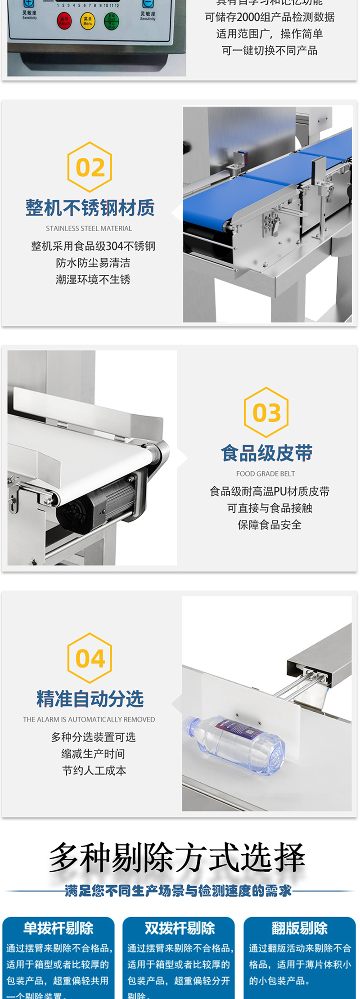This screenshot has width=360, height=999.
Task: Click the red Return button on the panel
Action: coord(64,21)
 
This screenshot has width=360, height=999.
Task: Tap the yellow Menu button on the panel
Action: coord(88,21)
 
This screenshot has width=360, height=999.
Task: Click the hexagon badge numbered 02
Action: coord(90,167)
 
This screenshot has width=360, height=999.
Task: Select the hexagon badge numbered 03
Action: coord(266,412)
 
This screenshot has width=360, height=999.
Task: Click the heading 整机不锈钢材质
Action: coord(90,208)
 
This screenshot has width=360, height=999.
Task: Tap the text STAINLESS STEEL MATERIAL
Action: coord(89,228)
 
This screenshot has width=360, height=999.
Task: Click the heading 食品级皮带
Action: coord(266,453)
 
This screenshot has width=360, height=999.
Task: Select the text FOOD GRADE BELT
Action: coord(265,474)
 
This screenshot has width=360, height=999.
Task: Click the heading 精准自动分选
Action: coord(90,699)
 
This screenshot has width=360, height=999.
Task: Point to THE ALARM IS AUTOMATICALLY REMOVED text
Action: coord(89,719)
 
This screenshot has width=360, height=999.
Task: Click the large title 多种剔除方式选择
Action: coord(177,857)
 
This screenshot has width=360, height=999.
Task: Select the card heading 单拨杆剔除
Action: coord(58,928)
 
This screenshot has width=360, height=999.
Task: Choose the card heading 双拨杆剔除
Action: coord(180,928)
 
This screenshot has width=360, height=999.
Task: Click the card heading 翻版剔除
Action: coord(299,928)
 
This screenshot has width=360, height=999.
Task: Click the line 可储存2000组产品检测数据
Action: coord(270,17)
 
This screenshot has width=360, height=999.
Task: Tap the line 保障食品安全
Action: coord(269,524)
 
